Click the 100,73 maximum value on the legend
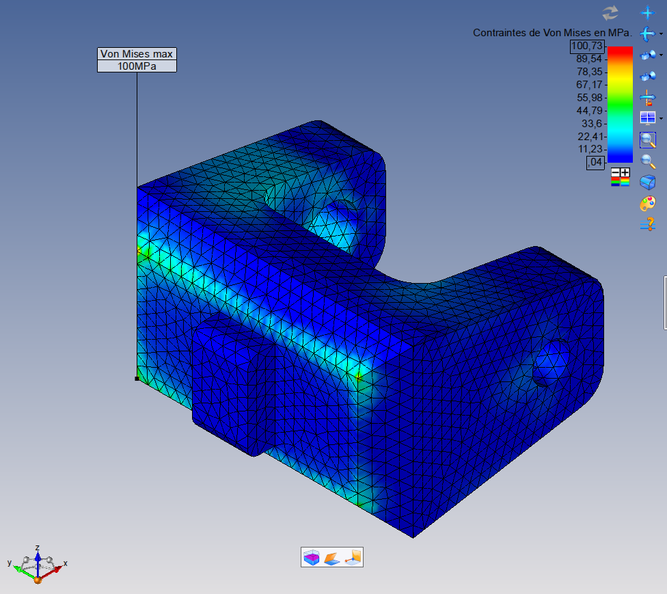pos(588,46)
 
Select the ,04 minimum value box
pos(595,162)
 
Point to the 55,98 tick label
pos(589,98)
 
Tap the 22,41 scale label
pos(589,136)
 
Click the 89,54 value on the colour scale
pos(589,59)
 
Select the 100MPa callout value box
pos(137,66)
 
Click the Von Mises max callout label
pos(137,54)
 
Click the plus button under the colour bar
pos(625,172)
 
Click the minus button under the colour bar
pos(616,172)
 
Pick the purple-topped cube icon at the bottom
pos(311,558)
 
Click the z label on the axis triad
pos(37,548)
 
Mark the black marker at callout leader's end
pos(137,378)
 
